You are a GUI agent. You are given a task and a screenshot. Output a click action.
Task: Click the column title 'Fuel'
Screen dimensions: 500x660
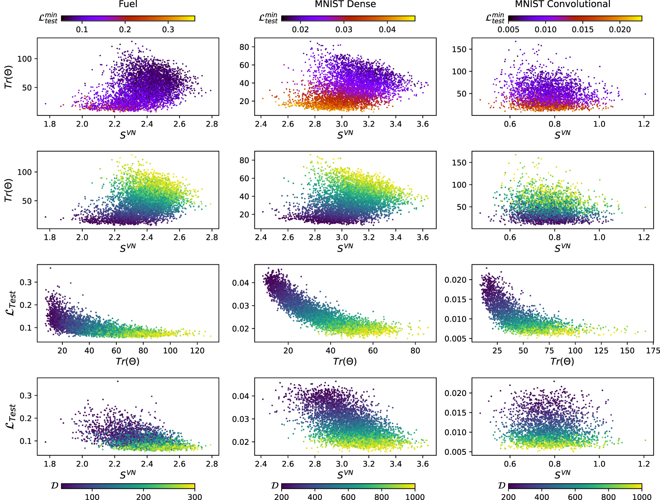(128, 4)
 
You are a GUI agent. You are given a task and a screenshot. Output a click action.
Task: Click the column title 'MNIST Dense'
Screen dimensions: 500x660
(345, 4)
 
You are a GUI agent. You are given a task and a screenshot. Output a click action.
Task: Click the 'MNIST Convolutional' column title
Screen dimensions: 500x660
(562, 4)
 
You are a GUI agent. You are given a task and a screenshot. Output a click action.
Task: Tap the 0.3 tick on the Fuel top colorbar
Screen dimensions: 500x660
(168, 30)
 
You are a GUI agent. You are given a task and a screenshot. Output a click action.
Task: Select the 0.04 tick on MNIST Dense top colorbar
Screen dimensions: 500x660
(387, 30)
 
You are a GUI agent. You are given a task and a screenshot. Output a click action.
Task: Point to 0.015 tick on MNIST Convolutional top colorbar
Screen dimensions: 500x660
(583, 30)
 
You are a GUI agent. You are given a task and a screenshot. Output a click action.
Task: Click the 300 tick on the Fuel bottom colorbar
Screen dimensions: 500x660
(195, 497)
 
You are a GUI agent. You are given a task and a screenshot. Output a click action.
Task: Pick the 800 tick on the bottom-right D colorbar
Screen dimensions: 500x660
(608, 497)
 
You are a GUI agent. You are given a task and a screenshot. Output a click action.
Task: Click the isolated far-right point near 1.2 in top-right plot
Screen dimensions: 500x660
(645, 94)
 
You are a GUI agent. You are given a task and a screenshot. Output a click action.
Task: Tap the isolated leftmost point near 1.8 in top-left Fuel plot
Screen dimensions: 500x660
(46, 104)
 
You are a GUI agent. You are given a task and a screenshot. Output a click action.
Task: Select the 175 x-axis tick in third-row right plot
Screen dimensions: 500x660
(653, 351)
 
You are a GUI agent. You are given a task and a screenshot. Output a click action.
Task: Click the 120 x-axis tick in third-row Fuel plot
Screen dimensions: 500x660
(197, 351)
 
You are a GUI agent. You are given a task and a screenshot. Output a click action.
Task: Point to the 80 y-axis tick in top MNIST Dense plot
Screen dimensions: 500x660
(244, 47)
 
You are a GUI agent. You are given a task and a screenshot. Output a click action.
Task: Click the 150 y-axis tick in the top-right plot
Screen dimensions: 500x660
(459, 49)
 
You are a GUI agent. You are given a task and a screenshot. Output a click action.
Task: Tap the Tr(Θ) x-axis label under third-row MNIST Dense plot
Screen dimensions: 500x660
(345, 362)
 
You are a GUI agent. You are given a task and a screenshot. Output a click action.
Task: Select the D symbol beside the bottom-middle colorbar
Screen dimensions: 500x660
(275, 486)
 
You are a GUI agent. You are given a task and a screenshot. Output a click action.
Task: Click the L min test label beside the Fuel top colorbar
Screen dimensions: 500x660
(48, 18)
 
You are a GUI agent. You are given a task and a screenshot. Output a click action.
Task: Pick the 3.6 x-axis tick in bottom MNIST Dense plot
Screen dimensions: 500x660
(422, 464)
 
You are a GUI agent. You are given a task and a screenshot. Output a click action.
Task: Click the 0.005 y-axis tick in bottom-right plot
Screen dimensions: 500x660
(455, 452)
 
